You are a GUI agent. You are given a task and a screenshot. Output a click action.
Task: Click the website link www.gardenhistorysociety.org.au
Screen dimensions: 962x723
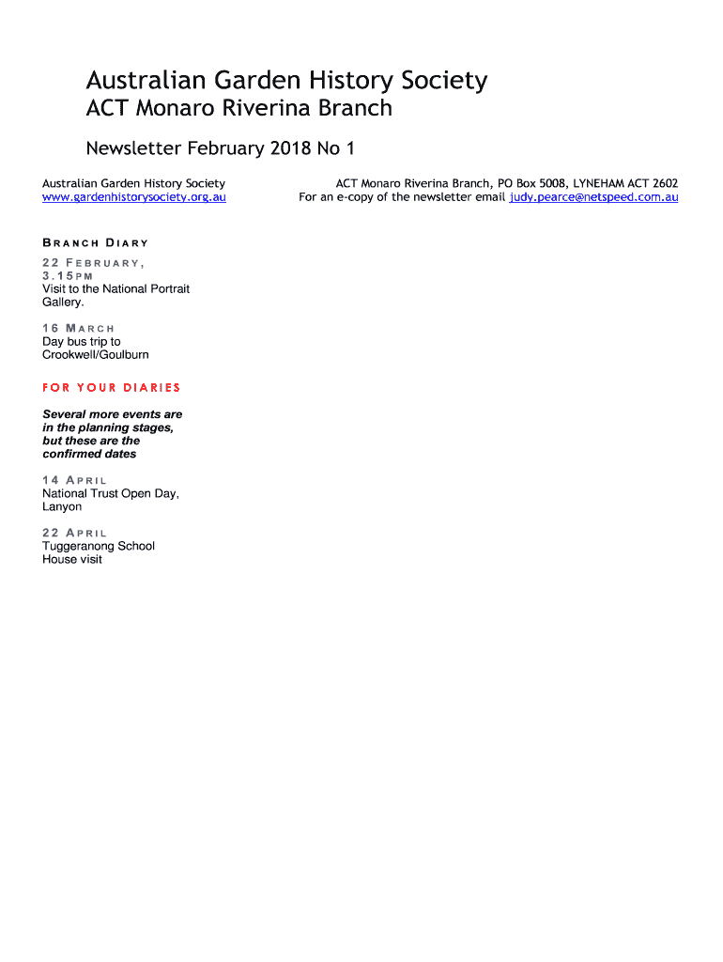click(x=134, y=197)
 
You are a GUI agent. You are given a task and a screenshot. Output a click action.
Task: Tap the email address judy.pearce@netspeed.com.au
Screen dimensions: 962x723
click(x=593, y=197)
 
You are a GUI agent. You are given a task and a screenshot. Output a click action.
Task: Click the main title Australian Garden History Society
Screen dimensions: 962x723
click(x=286, y=81)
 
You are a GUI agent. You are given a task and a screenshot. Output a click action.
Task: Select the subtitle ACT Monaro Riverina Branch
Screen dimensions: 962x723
click(x=238, y=109)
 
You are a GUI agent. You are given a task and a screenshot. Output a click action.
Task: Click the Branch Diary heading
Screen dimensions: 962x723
click(x=96, y=243)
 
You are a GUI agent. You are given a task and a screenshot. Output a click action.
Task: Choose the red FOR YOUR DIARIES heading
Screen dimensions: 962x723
click(x=111, y=388)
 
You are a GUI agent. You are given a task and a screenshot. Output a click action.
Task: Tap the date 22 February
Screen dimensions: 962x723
click(x=92, y=263)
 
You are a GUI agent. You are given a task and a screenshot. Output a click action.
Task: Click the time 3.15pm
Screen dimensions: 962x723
click(x=68, y=276)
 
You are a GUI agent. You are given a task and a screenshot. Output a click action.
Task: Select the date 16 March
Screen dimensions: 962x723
click(x=79, y=329)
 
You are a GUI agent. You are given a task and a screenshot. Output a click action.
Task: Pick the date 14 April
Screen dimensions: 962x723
click(x=75, y=480)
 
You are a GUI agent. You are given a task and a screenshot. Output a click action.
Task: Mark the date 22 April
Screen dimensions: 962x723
click(x=75, y=533)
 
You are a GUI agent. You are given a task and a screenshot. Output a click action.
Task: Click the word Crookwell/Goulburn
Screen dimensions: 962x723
click(x=96, y=355)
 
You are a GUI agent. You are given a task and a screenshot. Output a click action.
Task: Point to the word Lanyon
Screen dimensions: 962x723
click(x=62, y=507)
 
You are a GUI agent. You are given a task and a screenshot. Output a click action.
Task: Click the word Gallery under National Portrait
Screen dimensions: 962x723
click(x=63, y=303)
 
